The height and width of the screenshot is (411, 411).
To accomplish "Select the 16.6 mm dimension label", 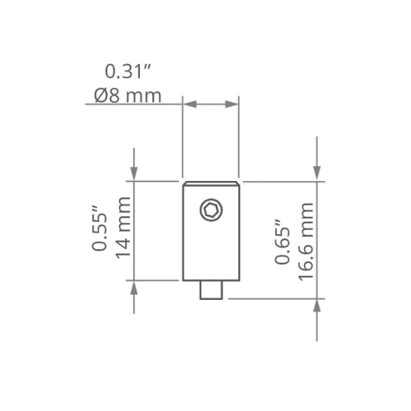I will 306,242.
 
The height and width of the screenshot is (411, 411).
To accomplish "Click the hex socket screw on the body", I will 210,211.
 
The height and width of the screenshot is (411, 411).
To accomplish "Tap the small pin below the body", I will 210,289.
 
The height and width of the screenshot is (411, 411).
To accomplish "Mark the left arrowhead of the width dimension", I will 187,104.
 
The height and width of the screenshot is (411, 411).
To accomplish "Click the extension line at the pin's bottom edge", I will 271,299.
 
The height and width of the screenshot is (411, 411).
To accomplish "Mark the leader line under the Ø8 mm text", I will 132,104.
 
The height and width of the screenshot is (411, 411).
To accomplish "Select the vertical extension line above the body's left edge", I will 182,140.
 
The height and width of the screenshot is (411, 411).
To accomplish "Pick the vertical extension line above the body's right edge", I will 239,140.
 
